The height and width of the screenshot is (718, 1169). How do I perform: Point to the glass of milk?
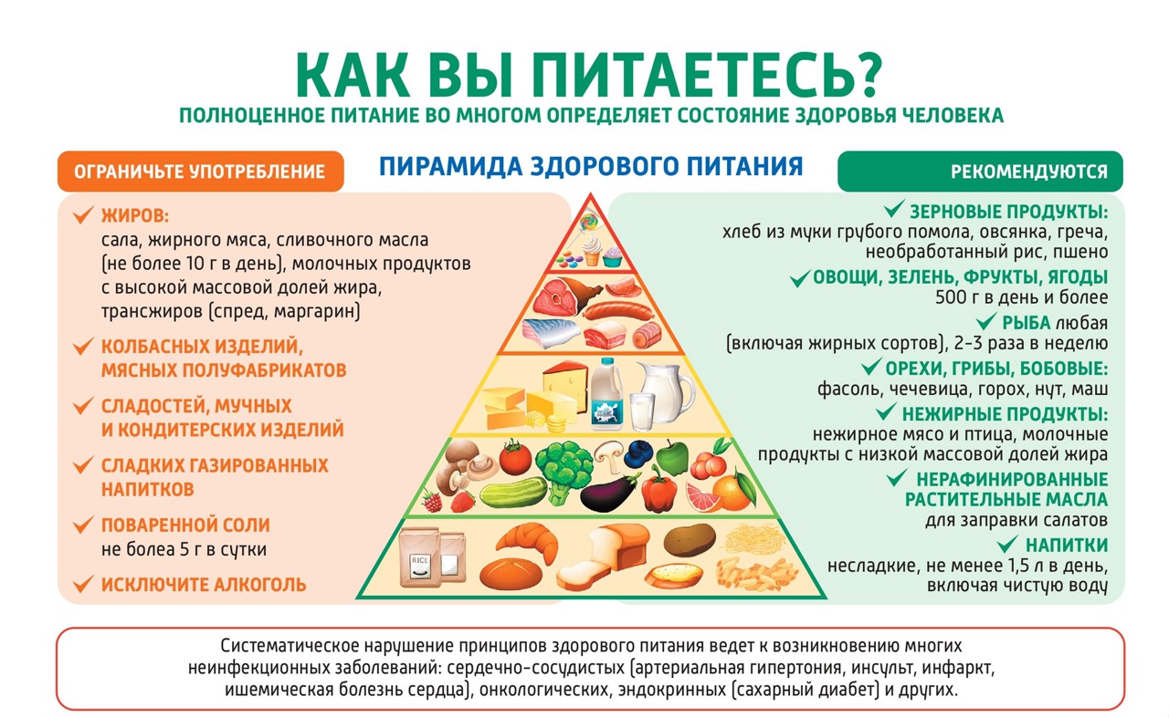642,411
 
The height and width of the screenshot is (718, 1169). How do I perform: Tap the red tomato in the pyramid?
515,455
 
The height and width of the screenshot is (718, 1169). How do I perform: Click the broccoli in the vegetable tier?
564,464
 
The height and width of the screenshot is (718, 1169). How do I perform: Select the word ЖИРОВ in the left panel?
135,216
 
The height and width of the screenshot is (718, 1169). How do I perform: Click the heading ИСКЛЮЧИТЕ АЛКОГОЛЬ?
204,585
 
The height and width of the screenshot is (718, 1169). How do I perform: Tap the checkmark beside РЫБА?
985,322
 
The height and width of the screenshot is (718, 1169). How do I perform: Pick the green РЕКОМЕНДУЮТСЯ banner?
980,172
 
